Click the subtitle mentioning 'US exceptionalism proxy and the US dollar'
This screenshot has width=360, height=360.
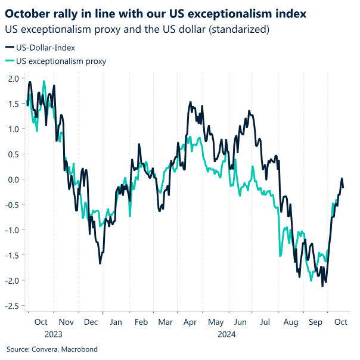click(x=136, y=28)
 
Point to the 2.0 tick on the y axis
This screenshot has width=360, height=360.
click(x=13, y=79)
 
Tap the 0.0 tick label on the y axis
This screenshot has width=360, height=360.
click(x=13, y=179)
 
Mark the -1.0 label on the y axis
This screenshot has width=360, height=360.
click(x=11, y=230)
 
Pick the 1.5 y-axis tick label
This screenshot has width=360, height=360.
click(x=13, y=104)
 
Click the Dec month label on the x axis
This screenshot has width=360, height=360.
click(x=91, y=322)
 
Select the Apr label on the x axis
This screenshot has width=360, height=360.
click(x=191, y=322)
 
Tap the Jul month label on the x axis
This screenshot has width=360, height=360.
click(x=265, y=322)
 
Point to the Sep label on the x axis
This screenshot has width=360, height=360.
click(x=315, y=322)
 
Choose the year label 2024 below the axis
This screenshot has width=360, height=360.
click(x=227, y=334)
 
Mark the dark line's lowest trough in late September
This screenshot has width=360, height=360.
click(x=322, y=287)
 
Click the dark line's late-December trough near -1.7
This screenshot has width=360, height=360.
click(x=100, y=263)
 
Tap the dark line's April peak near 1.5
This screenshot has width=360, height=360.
click(x=190, y=102)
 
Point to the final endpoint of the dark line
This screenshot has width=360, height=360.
click(x=343, y=188)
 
